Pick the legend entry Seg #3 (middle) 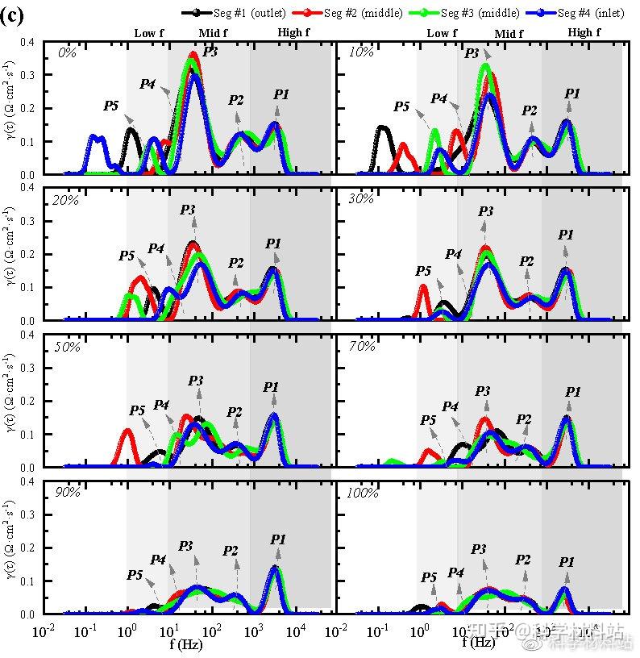pyautogui.click(x=463, y=13)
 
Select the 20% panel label pyautogui.click(x=68, y=200)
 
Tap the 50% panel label pyautogui.click(x=68, y=346)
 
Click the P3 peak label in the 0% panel pyautogui.click(x=210, y=51)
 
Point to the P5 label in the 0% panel pyautogui.click(x=110, y=106)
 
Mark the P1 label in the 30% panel pyautogui.click(x=567, y=235)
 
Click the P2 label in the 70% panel pyautogui.click(x=524, y=419)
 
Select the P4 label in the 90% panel pyautogui.click(x=158, y=560)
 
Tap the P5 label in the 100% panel pyautogui.click(x=429, y=577)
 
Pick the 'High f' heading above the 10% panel pyautogui.click(x=584, y=33)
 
